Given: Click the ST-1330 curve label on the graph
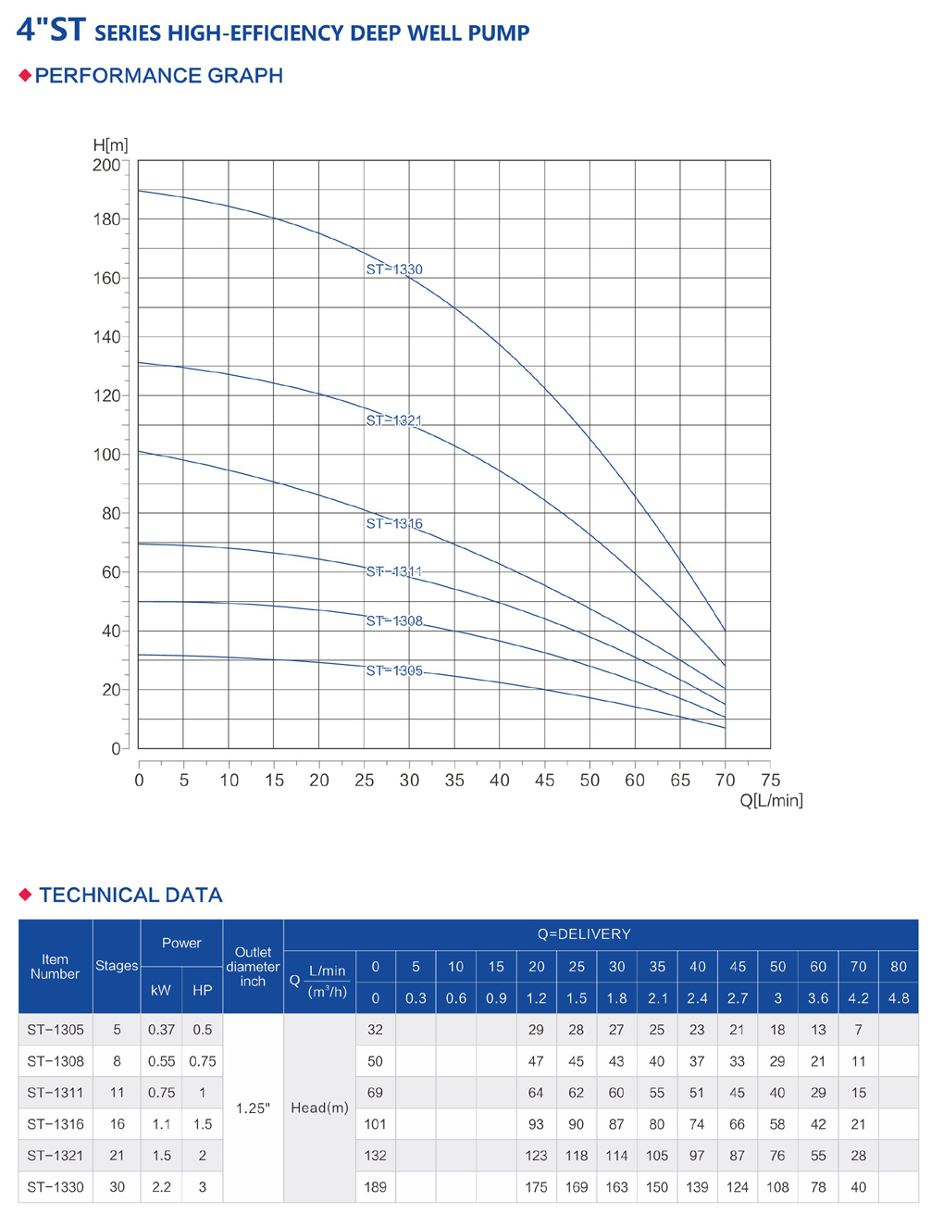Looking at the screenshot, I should tap(394, 269).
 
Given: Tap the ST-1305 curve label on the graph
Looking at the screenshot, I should tap(394, 670).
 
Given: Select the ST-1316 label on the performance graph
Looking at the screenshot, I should tap(394, 523).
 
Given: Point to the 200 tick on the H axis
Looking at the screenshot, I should tap(106, 165).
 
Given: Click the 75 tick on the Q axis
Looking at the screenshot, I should tap(770, 780).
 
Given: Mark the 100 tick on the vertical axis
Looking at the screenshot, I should tap(106, 455).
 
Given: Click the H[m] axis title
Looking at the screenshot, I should tap(110, 145).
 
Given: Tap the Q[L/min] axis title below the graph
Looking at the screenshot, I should tap(771, 800).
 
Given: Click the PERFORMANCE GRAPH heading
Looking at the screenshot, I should tap(158, 76).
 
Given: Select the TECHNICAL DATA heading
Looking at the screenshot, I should tap(130, 895).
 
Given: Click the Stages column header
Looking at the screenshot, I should tap(117, 966).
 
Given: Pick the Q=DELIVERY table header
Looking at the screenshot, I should tap(584, 934).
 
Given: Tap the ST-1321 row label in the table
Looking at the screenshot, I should tap(56, 1156).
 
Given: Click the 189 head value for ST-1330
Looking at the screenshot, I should tap(375, 1187).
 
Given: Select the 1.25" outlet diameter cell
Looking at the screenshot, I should tap(253, 1108).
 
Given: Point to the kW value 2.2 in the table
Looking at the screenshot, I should tap(161, 1187).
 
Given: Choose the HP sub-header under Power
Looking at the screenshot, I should tap(203, 990).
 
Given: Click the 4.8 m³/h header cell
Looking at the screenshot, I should tap(899, 998).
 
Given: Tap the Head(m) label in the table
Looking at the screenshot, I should tap(319, 1108).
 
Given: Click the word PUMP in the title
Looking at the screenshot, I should tap(500, 33).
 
